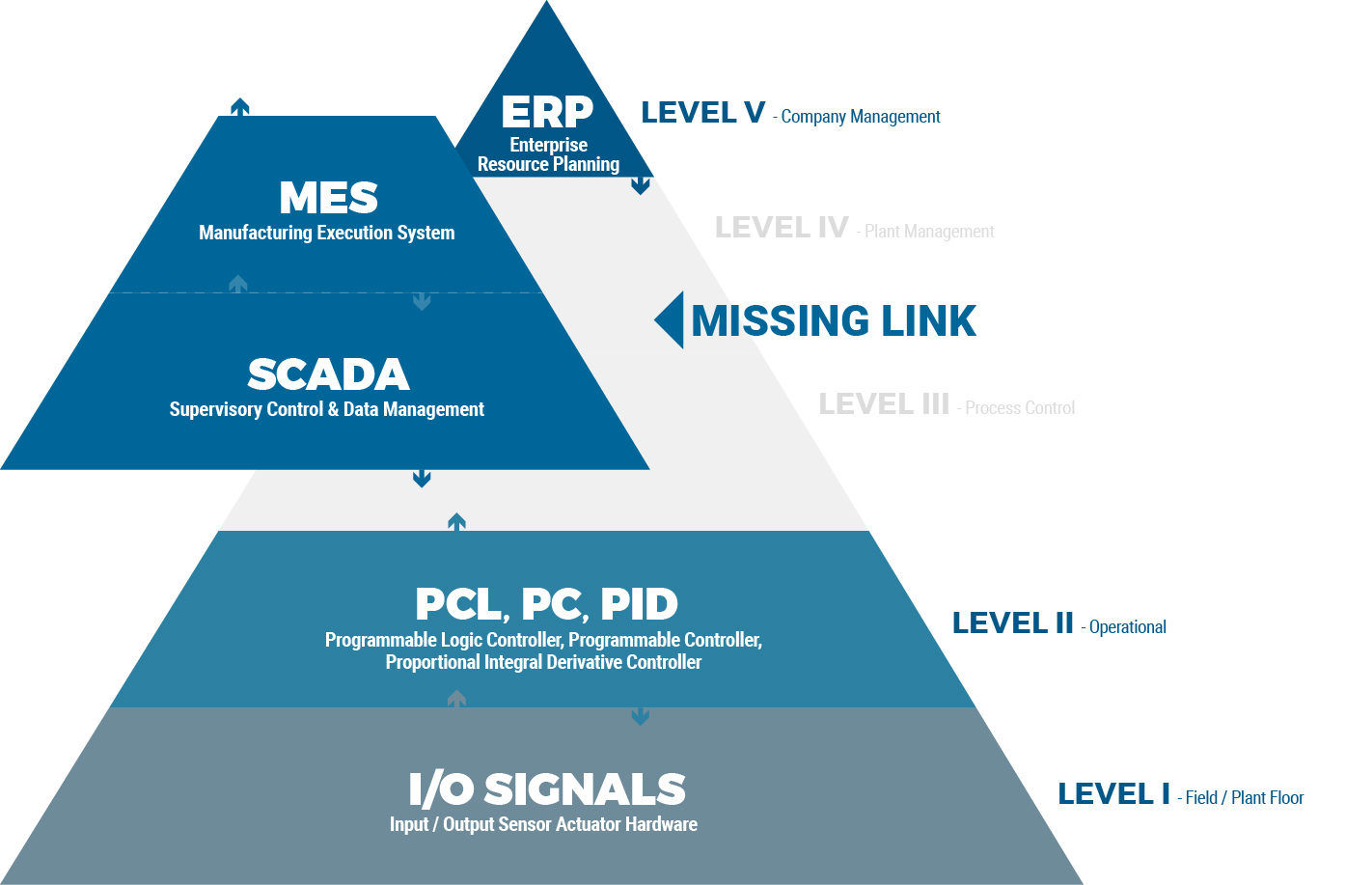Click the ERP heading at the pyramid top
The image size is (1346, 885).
coord(547,112)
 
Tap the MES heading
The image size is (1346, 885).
coord(328,198)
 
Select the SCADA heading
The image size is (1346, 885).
coord(328,374)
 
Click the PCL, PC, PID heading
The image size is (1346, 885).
coord(546,605)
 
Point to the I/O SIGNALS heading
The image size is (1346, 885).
coord(546,789)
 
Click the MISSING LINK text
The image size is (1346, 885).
coord(834,321)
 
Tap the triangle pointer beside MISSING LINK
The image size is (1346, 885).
coord(671,319)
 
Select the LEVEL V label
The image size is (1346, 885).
coord(702,113)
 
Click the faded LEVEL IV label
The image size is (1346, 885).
coord(782,228)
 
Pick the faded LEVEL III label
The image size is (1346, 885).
coord(884,404)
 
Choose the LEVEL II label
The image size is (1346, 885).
coord(1012,623)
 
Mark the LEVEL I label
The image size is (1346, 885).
coord(1113,794)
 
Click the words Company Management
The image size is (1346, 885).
coord(861,117)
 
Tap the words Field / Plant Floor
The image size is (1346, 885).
coord(1244,798)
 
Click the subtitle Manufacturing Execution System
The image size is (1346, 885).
coord(326,233)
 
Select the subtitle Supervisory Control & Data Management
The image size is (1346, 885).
coord(326,409)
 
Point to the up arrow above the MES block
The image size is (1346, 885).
coord(240,106)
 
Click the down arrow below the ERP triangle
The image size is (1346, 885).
coord(640,186)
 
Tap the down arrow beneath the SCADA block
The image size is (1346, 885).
coord(422,478)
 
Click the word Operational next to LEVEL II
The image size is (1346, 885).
coord(1128,627)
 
